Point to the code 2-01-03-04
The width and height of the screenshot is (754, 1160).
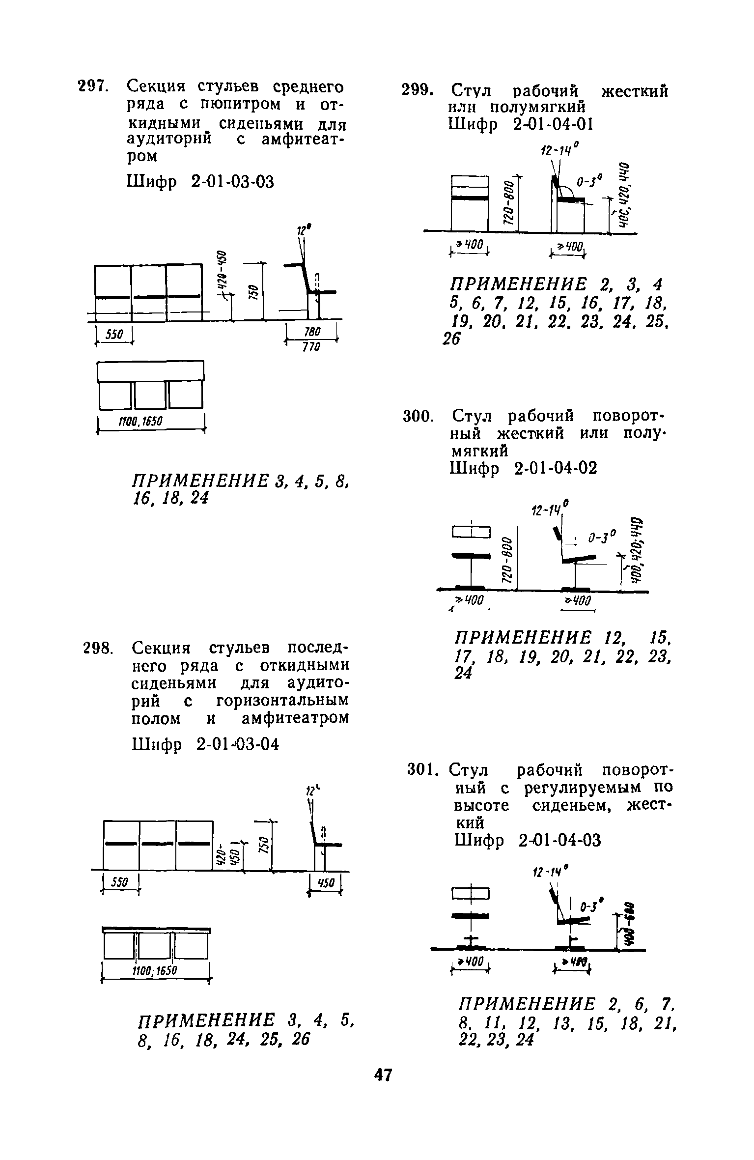(237, 744)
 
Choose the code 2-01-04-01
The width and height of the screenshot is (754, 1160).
(553, 125)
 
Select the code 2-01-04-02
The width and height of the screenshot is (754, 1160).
(556, 468)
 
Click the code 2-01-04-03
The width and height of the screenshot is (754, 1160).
(559, 841)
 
